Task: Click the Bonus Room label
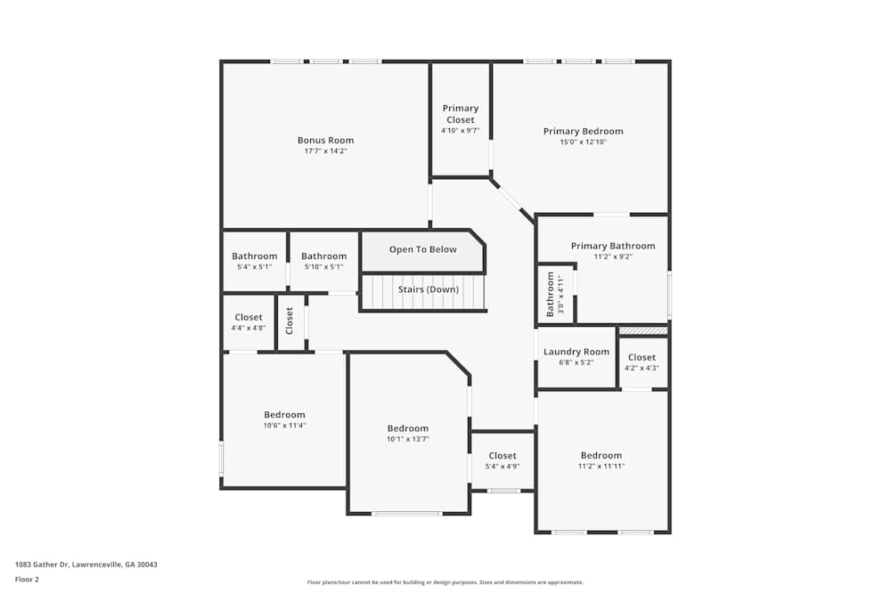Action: tap(325, 140)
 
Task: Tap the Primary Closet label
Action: tap(460, 114)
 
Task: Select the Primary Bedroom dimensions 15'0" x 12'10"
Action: tap(583, 142)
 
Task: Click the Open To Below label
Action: tap(422, 249)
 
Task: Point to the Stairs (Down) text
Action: tap(429, 289)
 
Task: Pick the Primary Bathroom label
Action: tap(612, 246)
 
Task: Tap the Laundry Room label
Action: tap(576, 352)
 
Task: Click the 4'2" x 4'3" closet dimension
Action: tap(642, 368)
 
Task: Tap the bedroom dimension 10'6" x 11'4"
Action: tap(284, 426)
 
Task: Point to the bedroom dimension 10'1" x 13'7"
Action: tap(407, 439)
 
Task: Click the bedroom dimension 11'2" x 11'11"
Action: tap(601, 466)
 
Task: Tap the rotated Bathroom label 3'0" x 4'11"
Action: tap(555, 294)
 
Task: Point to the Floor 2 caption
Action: tap(26, 579)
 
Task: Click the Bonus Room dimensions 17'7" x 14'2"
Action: tap(325, 151)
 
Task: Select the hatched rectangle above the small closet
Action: tap(642, 330)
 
